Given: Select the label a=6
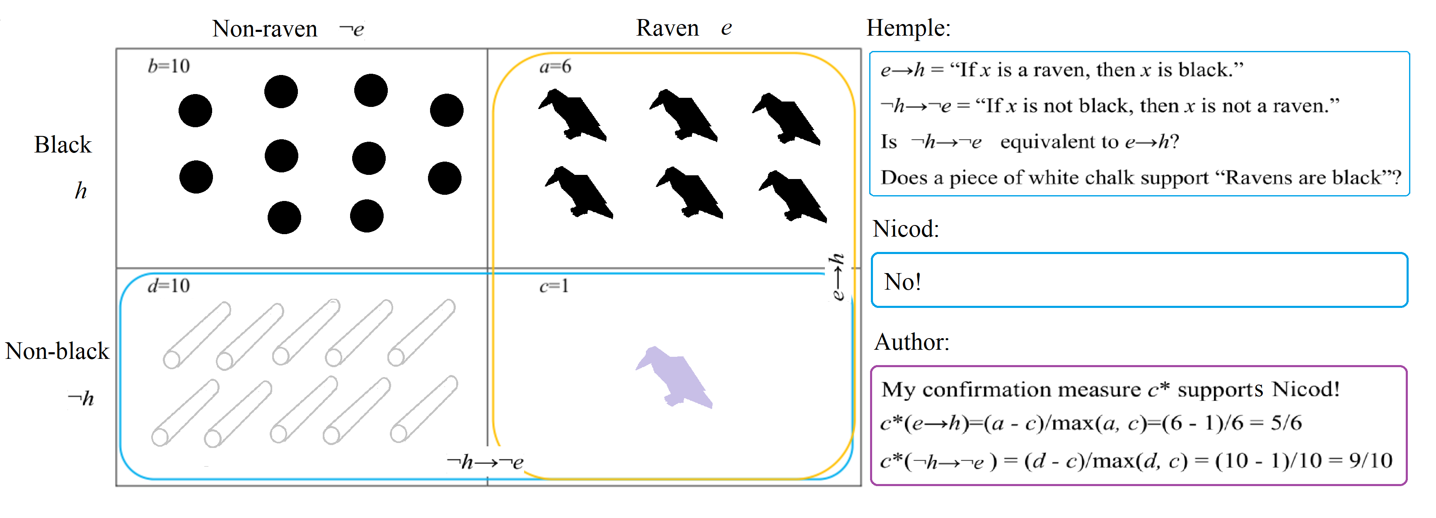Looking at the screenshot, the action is point(555,66).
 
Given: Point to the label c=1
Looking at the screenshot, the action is point(554,286).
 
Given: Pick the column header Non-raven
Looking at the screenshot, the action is point(265,29).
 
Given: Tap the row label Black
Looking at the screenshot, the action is point(63,144).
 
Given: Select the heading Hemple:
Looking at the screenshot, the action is point(909,28).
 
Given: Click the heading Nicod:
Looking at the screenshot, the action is point(906,229).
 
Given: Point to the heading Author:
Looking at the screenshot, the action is point(911,342).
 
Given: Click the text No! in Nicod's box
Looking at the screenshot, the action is point(902,281).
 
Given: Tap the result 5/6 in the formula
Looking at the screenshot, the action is point(1286,423).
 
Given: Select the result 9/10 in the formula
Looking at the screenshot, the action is point(1371,460).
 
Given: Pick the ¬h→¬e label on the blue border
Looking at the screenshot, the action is point(485,462).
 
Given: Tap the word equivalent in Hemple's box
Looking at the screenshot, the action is point(1059,142).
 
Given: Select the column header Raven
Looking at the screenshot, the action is point(667,28).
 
